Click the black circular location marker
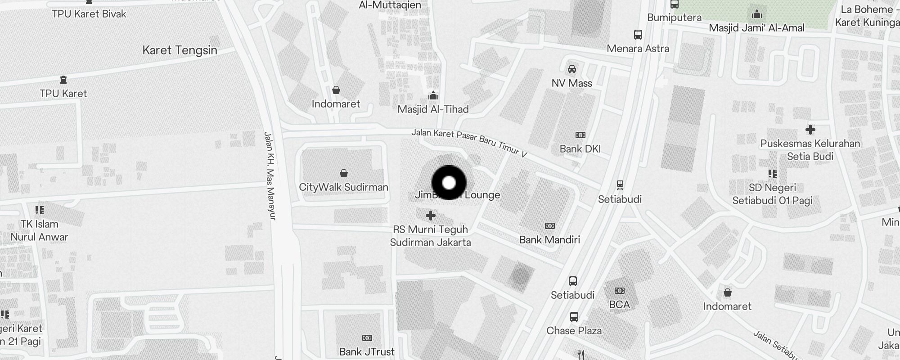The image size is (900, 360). [x=449, y=183]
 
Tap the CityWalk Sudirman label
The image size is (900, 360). [x=343, y=187]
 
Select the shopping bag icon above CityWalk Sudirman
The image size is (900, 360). [x=344, y=173]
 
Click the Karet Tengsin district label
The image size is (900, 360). [x=180, y=50]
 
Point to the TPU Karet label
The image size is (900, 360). [x=63, y=94]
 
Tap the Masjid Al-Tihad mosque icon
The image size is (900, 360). [x=433, y=95]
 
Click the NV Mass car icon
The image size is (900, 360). [x=571, y=69]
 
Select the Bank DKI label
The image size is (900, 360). [x=580, y=149]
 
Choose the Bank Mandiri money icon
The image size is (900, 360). [x=549, y=226]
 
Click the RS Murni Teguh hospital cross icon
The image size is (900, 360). [x=431, y=216]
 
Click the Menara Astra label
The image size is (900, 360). [x=638, y=49]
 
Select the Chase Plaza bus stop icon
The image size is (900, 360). [x=574, y=316]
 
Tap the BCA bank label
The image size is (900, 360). [x=619, y=305]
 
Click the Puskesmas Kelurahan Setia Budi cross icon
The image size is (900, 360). [x=810, y=130]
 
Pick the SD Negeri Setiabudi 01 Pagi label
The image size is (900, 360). [x=772, y=194]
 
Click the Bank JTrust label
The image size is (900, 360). [x=367, y=352]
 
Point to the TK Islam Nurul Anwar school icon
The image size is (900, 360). [x=40, y=210]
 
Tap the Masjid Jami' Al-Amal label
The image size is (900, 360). [x=756, y=28]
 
